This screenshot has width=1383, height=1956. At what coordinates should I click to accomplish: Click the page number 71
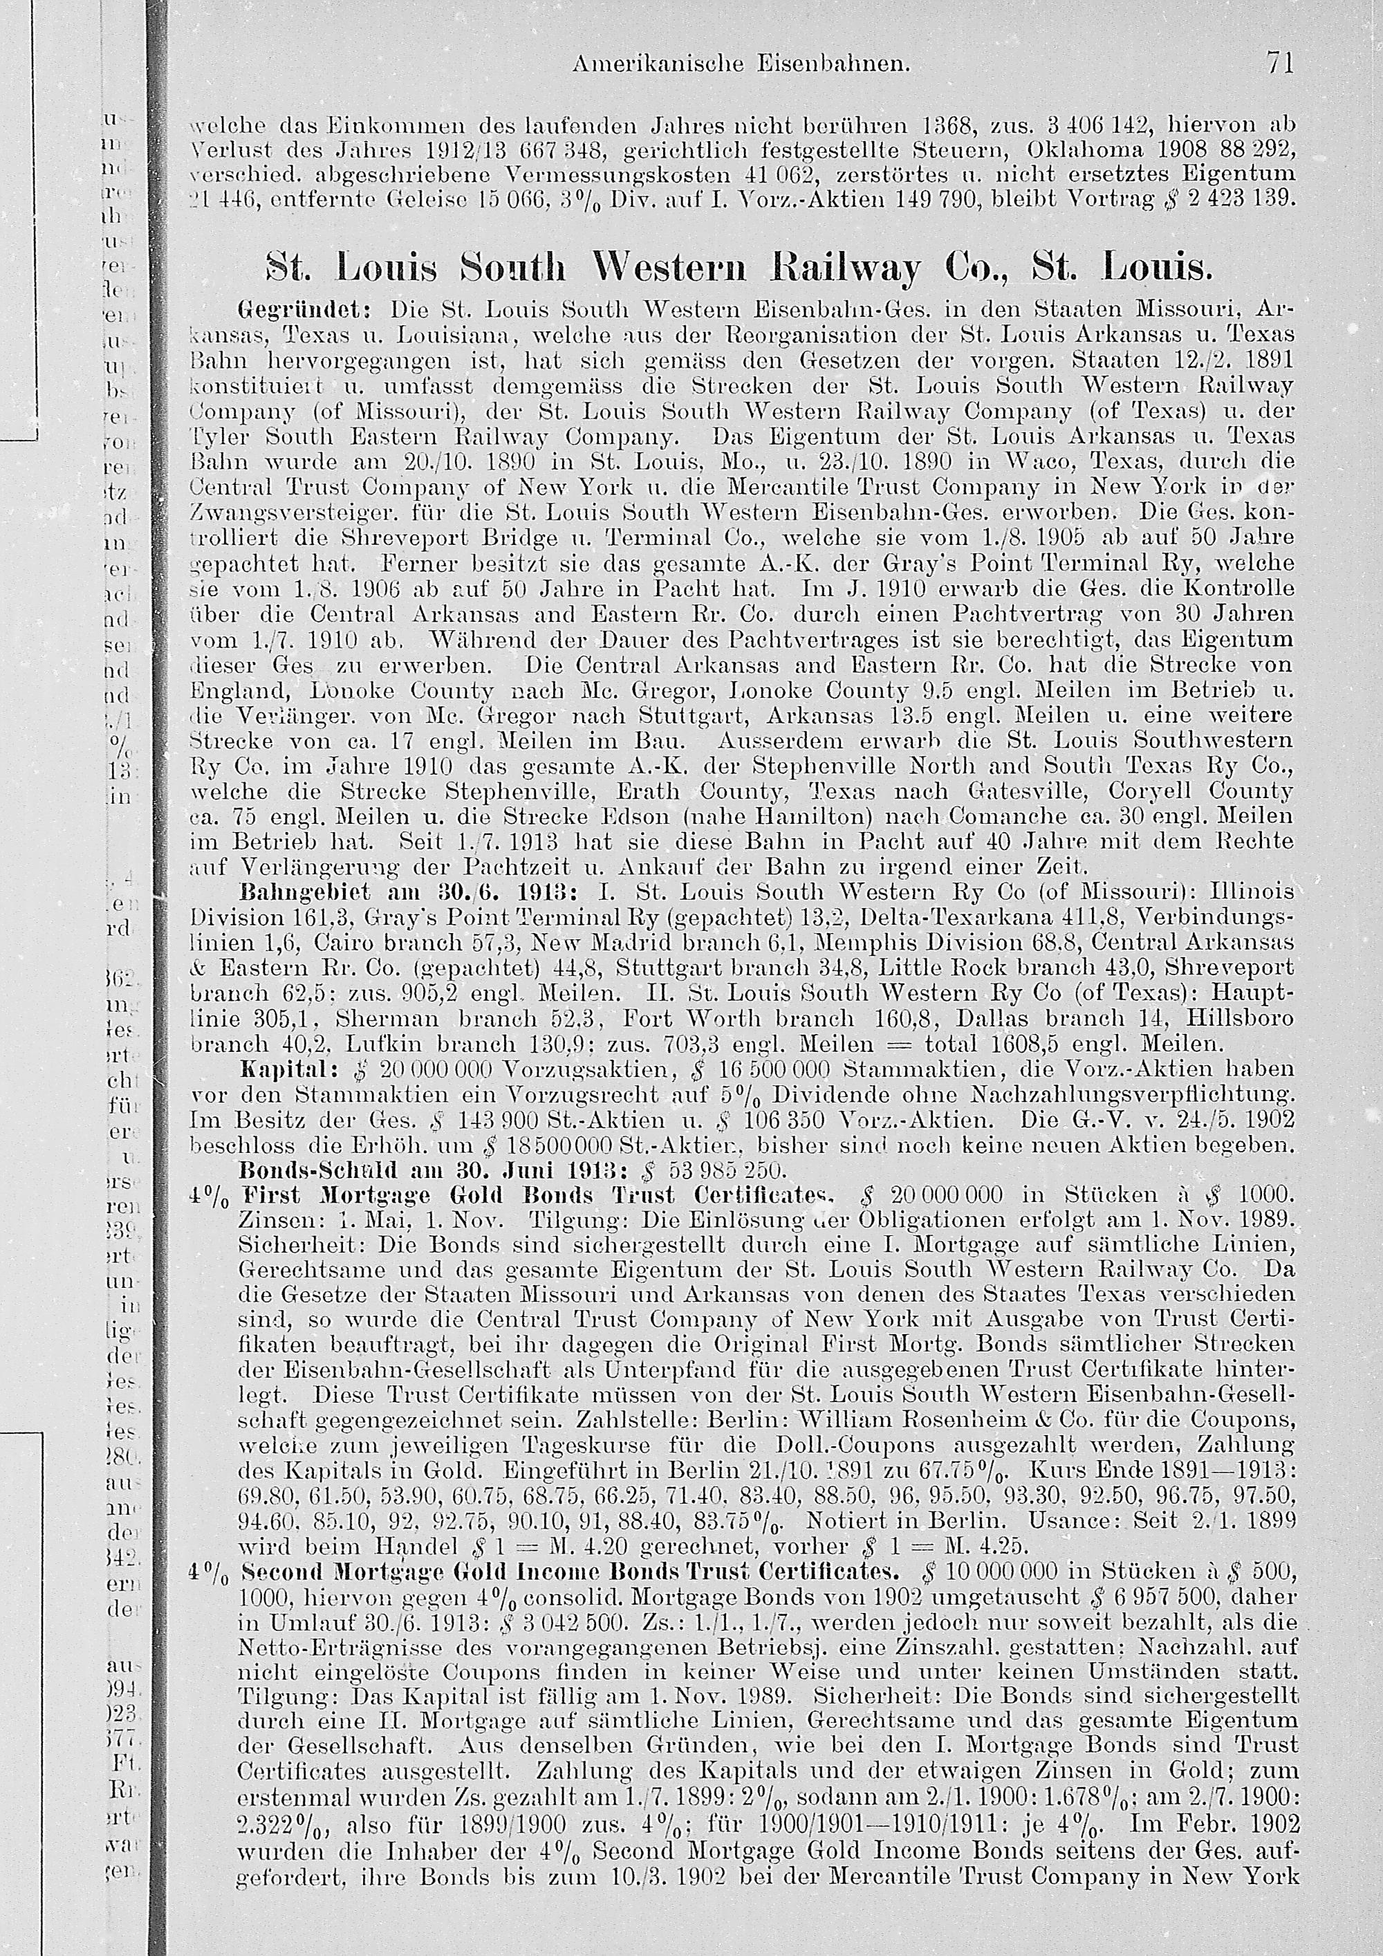point(1279,63)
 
